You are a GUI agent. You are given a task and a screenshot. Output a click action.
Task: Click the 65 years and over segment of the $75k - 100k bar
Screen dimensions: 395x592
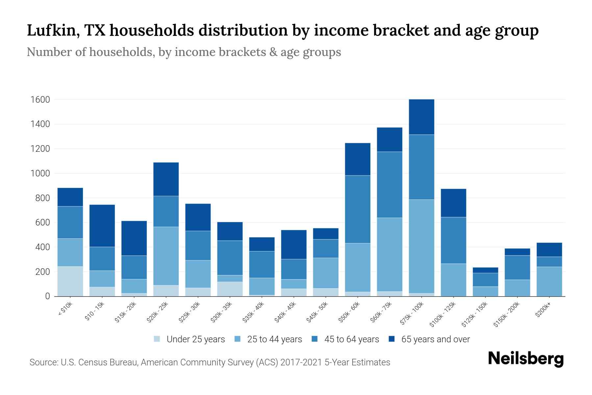point(421,117)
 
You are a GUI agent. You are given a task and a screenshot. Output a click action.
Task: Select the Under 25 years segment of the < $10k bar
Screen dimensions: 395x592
point(70,281)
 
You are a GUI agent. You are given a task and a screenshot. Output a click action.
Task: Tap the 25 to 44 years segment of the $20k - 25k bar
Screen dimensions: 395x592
point(166,256)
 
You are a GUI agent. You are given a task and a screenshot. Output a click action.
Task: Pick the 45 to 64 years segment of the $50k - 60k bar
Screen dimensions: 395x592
point(358,209)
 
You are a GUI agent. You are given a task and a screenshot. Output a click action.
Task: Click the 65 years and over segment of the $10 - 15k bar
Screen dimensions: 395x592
point(102,225)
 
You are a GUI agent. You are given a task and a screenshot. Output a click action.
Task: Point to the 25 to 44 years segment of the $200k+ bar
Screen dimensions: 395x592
point(549,281)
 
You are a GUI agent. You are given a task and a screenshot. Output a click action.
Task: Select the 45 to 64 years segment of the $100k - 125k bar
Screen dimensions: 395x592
point(453,240)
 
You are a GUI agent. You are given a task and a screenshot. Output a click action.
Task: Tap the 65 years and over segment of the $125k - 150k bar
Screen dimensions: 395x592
point(485,270)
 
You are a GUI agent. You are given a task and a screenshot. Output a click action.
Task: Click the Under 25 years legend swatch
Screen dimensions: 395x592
point(157,339)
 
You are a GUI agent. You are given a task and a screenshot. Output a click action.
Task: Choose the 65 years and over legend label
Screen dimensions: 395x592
point(435,339)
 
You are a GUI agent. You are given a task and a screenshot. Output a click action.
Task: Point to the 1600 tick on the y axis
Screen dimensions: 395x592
point(40,99)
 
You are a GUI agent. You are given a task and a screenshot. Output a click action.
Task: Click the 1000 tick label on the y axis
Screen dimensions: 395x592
point(40,173)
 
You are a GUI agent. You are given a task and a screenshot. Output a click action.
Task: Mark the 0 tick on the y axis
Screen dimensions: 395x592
point(47,296)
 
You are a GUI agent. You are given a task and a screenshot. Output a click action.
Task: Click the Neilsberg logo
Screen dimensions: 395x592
point(526,359)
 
